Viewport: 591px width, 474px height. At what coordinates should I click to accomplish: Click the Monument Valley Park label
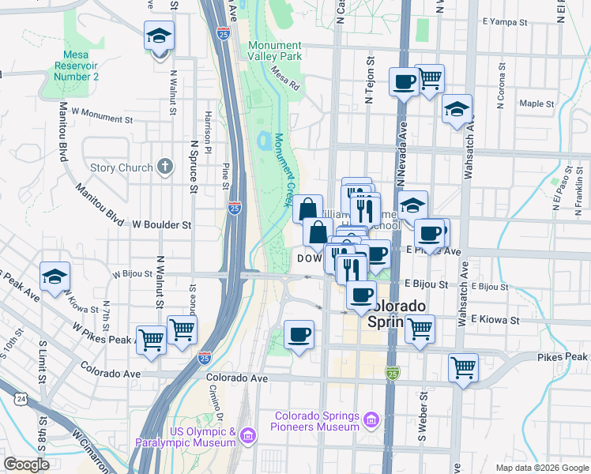274,51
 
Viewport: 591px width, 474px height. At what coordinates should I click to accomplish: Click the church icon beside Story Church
164,167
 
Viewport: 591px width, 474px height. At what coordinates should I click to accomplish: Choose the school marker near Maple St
457,110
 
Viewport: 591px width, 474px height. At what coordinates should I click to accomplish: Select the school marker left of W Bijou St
55,276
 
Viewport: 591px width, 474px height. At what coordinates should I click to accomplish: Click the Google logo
26,465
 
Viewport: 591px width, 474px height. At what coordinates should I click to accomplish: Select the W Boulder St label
162,224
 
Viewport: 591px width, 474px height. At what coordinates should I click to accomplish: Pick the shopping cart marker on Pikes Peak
463,367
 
